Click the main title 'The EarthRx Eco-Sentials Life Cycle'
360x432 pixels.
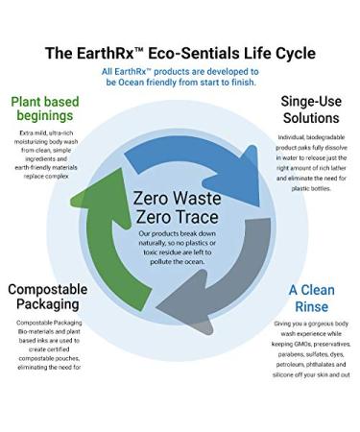[x=180, y=51]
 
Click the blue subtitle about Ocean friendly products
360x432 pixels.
[x=180, y=78]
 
